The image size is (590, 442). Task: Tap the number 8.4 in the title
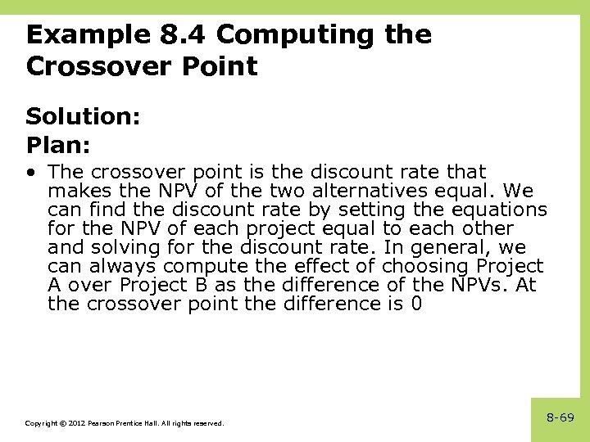(183, 35)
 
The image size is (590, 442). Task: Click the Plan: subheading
(57, 145)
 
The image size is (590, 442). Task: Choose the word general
(439, 247)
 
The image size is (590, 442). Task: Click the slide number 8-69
(560, 417)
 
